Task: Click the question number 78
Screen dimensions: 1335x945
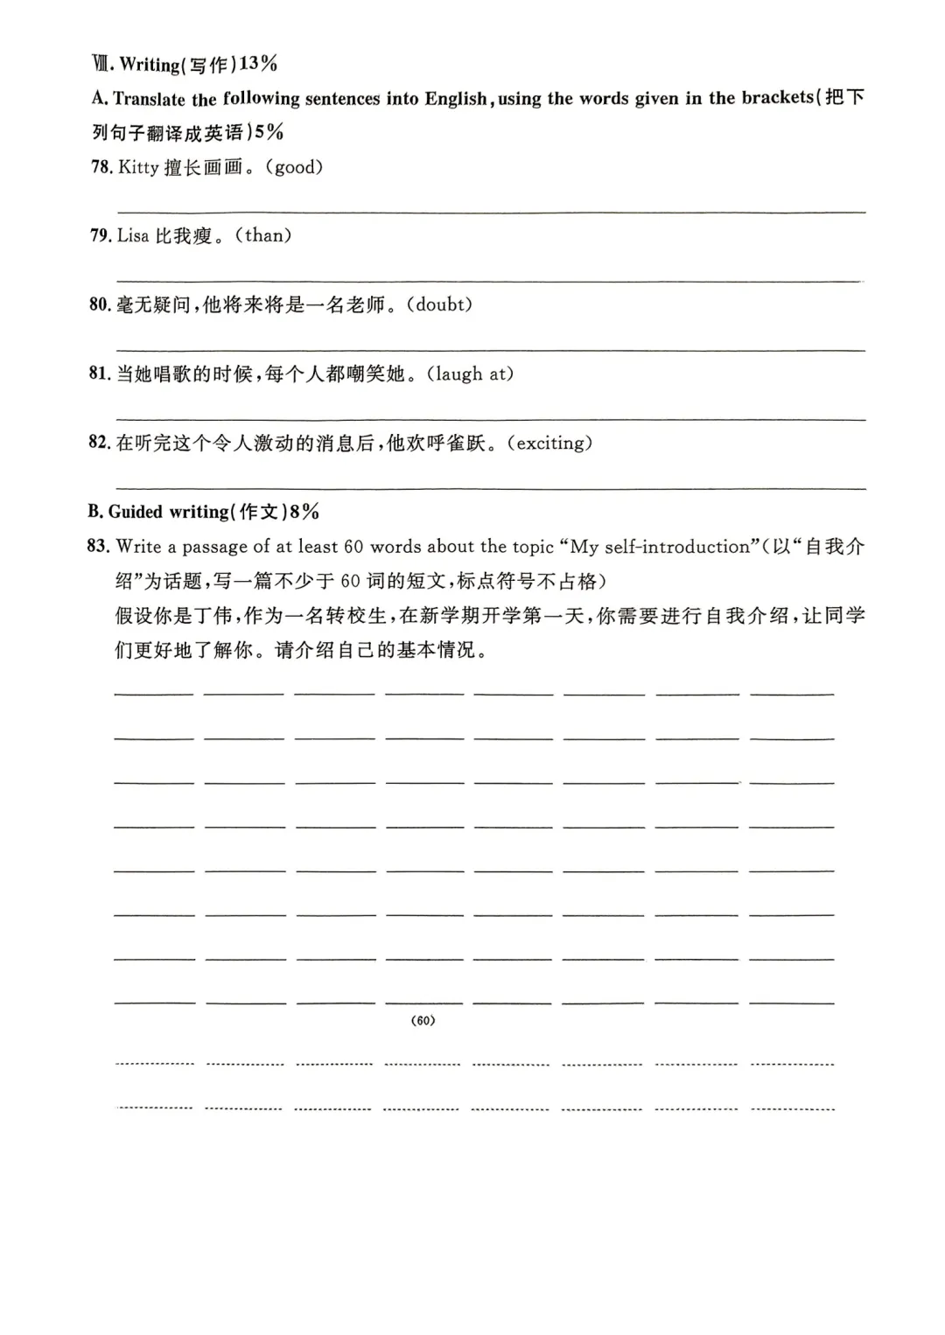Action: pos(101,167)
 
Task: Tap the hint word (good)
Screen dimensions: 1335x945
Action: pos(298,167)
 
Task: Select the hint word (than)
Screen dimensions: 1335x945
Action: pos(264,235)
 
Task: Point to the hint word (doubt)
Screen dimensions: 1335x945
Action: pos(443,304)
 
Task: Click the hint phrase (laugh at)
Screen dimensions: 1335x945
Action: pos(473,374)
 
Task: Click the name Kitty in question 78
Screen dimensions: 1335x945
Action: pos(138,167)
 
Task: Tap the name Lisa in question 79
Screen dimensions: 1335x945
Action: pos(133,235)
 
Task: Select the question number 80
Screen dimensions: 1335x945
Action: pos(100,304)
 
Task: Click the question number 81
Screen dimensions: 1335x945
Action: pos(99,374)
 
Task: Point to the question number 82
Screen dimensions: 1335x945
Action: pos(99,443)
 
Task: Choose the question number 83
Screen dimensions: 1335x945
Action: pos(98,547)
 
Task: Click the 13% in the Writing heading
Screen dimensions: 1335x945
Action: pos(258,64)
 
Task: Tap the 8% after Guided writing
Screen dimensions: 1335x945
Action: pos(304,512)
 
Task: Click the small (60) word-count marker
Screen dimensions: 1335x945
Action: pos(423,1021)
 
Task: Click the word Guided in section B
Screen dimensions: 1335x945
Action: pos(136,512)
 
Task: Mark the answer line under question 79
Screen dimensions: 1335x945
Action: pos(490,281)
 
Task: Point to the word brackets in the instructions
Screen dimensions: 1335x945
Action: pos(777,98)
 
